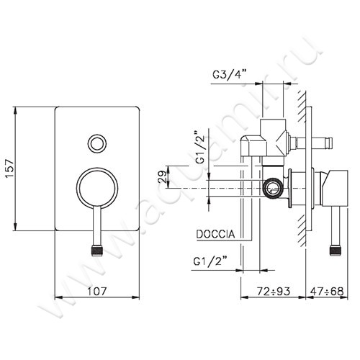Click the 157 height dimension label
point(11,168)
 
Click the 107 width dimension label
point(96,292)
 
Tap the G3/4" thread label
point(230,74)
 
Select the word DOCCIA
point(215,234)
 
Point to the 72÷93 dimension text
point(274,292)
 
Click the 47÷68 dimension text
point(327,292)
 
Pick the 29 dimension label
point(162,177)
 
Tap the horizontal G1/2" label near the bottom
point(210,261)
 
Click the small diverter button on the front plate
point(97,143)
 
